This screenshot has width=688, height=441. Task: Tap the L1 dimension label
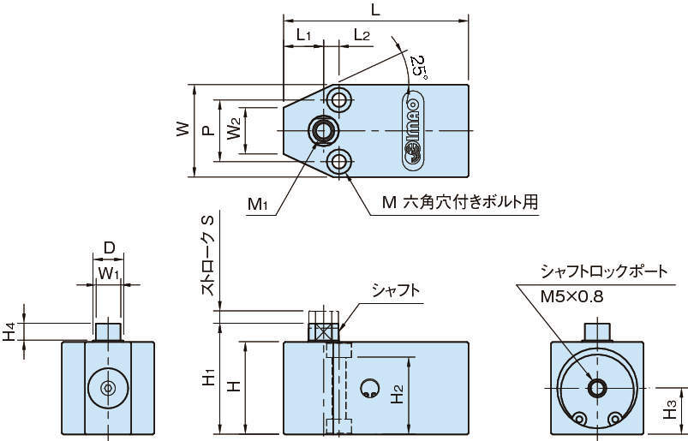point(303,35)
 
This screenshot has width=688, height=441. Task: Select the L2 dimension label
point(361,35)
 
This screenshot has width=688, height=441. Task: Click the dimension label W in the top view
point(182,130)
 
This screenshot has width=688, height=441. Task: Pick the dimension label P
point(206,131)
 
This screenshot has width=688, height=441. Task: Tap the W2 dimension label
point(232,131)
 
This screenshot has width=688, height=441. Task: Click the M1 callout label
point(259,204)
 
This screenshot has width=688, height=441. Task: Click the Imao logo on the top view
point(414,131)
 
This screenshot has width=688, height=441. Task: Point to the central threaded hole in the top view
point(324,130)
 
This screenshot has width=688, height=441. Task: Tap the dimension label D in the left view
point(109,248)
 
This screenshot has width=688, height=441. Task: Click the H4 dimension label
point(9,331)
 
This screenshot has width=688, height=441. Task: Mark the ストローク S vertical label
point(206,256)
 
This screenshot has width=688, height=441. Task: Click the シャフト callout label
point(395,290)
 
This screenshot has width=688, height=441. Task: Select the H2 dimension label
point(397,394)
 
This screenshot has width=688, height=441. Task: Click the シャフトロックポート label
point(603,271)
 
